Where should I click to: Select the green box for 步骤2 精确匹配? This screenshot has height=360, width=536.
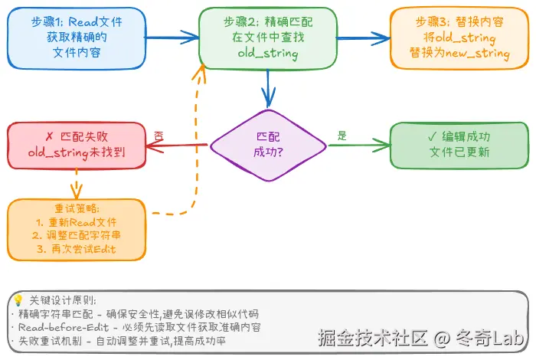coord(267,36)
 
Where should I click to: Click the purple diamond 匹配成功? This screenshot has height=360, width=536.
coord(267,144)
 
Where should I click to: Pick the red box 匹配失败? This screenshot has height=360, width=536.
coord(76,145)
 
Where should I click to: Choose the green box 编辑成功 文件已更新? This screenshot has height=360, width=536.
coord(458,145)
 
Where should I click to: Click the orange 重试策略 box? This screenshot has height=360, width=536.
coord(76,229)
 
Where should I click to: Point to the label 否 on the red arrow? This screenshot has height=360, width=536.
coord(159,135)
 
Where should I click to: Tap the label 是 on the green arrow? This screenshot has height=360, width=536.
coord(342,136)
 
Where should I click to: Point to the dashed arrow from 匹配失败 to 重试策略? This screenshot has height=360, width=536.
coord(76,184)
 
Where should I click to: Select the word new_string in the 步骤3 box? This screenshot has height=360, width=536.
coord(482,54)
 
